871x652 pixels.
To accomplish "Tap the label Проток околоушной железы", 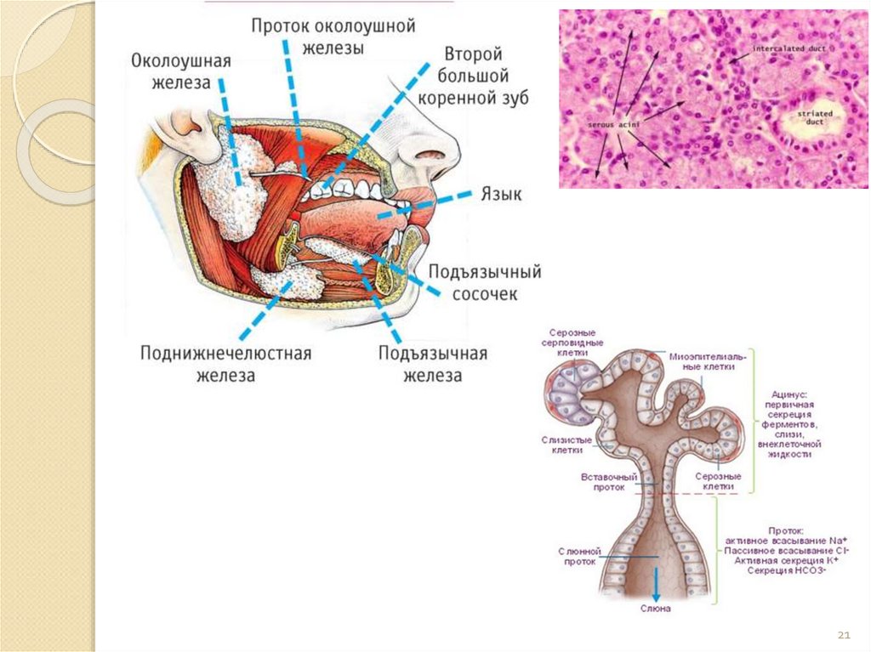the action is coord(333,37).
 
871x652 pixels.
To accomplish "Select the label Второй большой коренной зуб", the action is coord(475,77).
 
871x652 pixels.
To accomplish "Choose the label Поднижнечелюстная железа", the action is coord(226,363).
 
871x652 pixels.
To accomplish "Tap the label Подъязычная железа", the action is coord(433,364).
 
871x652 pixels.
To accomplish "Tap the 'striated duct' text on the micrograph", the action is coord(816,117).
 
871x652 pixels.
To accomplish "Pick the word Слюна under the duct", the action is coord(656,609).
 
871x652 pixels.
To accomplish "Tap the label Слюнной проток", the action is coord(580,557).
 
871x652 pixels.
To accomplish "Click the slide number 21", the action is coord(845,635).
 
